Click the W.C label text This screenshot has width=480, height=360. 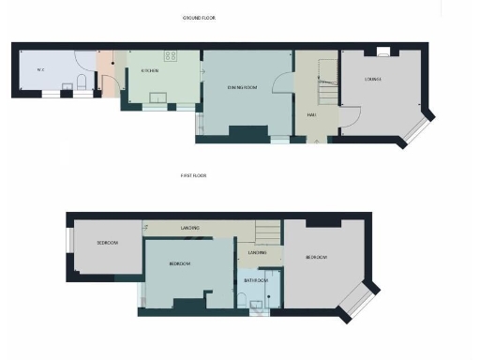click(40, 70)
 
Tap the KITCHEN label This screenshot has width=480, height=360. click(149, 70)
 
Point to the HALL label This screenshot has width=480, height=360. click(310, 114)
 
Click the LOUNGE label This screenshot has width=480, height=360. click(373, 79)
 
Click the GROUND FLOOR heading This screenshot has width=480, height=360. click(199, 18)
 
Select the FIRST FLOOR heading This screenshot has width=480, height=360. click(194, 175)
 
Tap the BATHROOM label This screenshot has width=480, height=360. click(256, 280)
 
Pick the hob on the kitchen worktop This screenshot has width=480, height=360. click(171, 55)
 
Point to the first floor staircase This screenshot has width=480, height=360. click(266, 231)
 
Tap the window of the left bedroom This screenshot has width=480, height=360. click(68, 242)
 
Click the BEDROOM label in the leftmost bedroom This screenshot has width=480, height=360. click(107, 243)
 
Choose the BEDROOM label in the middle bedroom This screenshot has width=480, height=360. click(180, 264)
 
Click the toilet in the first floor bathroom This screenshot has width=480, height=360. click(244, 299)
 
